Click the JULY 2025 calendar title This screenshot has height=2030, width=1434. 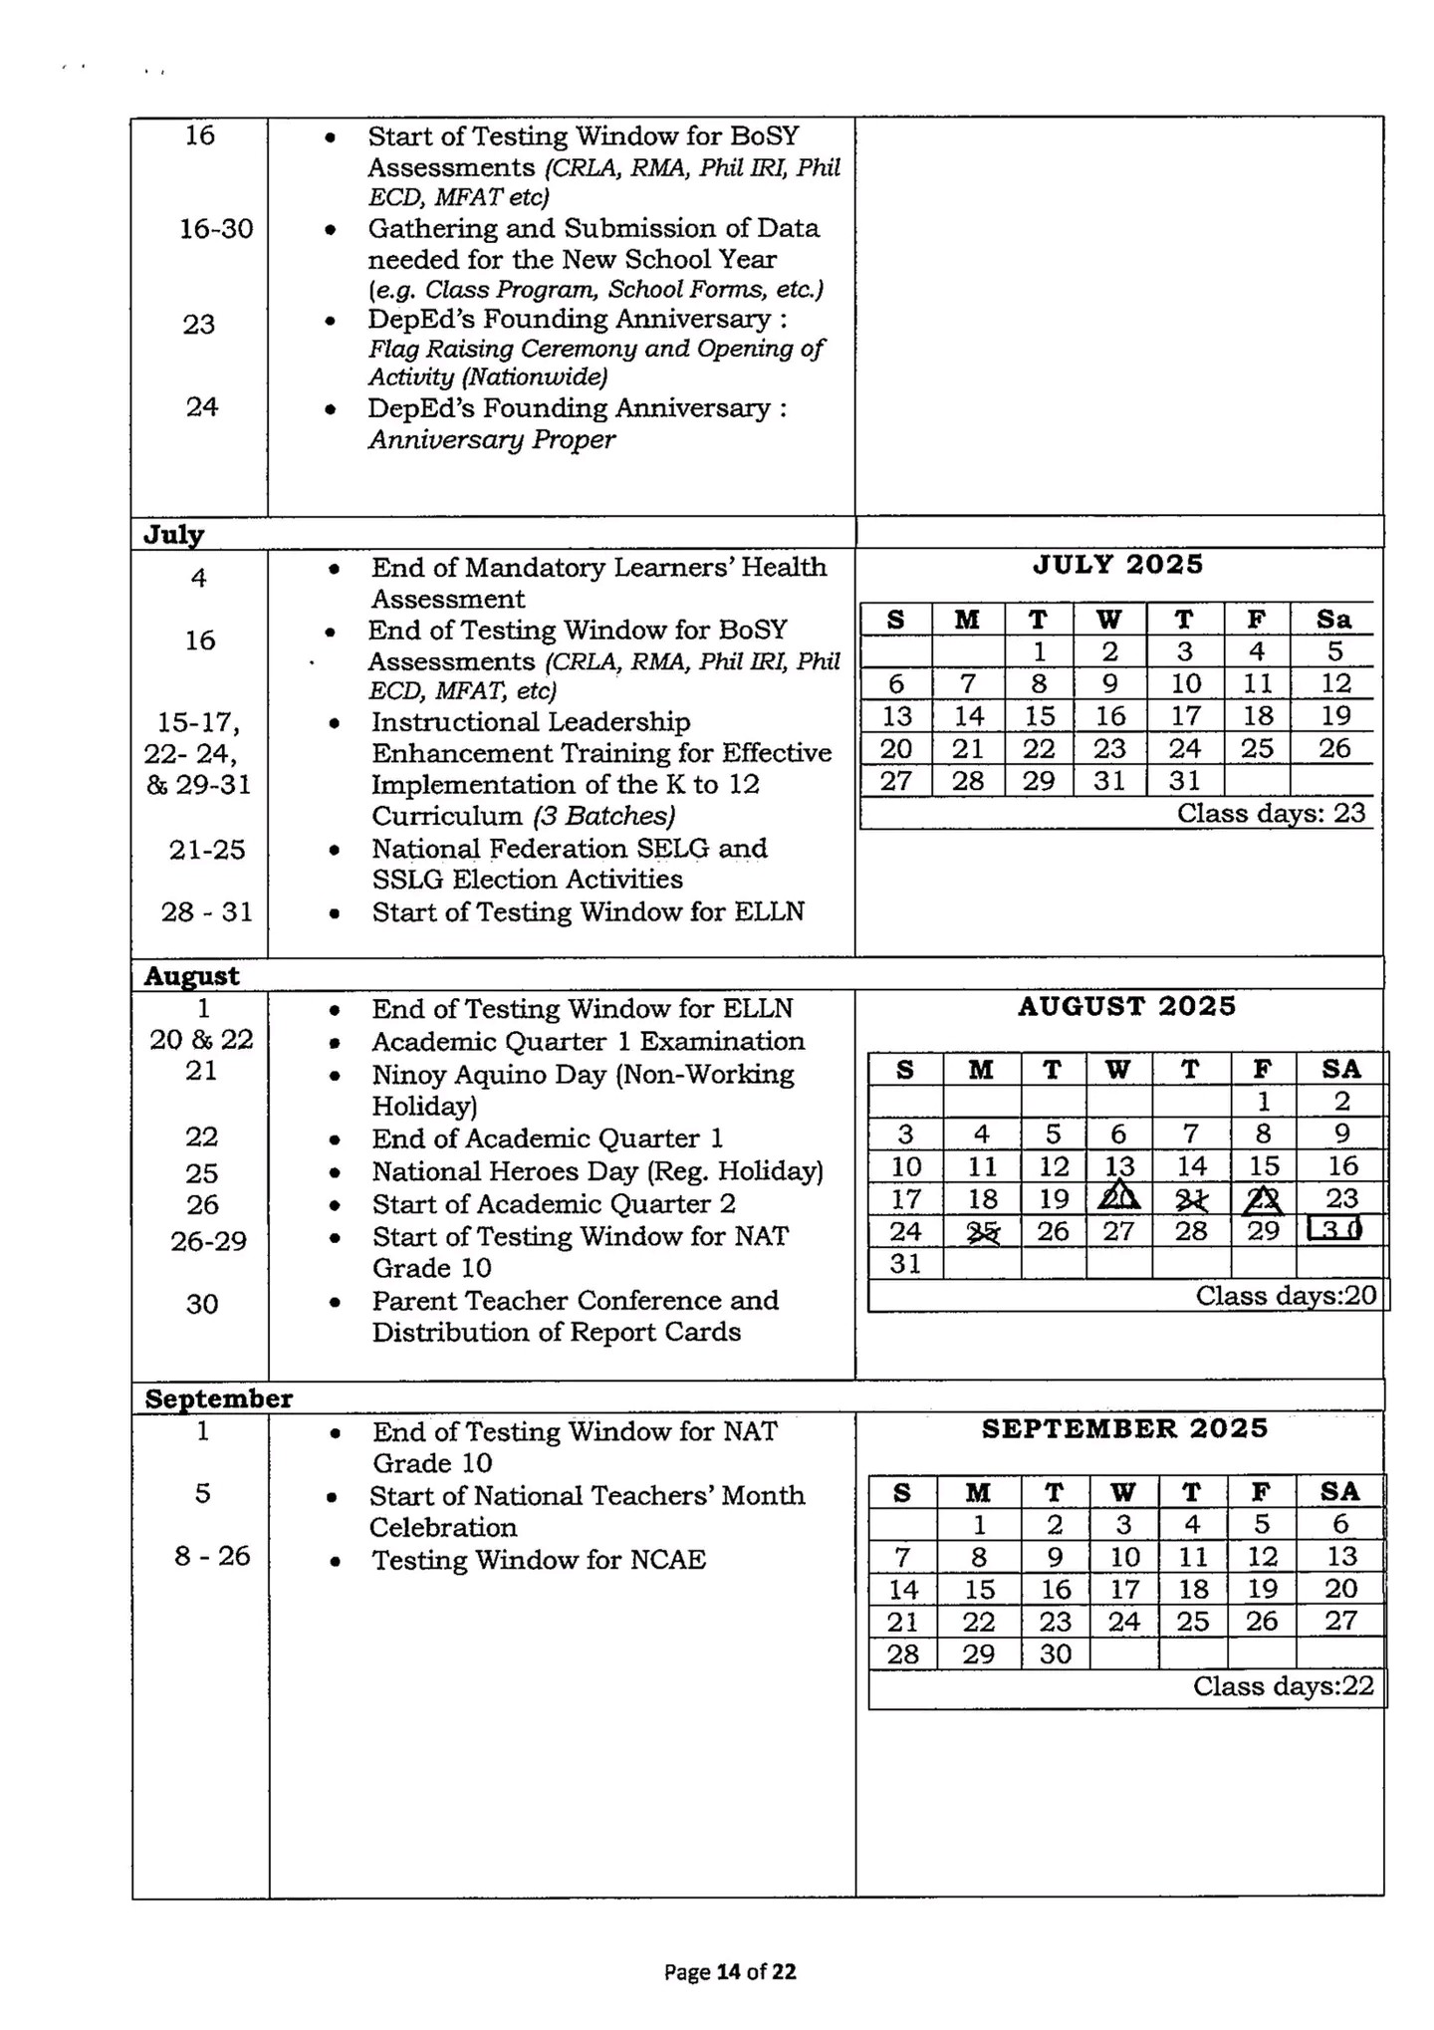[1117, 565]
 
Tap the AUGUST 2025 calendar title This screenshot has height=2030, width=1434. [1126, 1006]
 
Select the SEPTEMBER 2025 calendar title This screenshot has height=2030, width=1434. [1124, 1428]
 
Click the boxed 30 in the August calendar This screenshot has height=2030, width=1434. [1333, 1230]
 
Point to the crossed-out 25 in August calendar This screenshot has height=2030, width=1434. [982, 1232]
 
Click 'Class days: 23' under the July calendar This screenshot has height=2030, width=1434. [1271, 813]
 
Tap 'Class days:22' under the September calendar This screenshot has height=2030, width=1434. [1283, 1685]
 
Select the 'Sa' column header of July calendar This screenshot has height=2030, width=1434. [1333, 620]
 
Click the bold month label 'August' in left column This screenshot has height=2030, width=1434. [191, 975]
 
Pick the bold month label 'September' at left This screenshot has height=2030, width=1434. [219, 1398]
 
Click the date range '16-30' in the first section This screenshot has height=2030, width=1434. [216, 229]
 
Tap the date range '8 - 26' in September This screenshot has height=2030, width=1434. [212, 1556]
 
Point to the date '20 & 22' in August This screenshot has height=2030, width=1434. [201, 1040]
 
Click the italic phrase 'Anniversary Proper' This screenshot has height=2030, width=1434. [492, 439]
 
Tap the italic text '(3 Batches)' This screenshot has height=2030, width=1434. [603, 816]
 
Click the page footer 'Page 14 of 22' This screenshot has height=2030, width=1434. [730, 1971]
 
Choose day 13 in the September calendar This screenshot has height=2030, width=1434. [1340, 1556]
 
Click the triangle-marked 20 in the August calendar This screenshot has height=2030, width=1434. [1118, 1198]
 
